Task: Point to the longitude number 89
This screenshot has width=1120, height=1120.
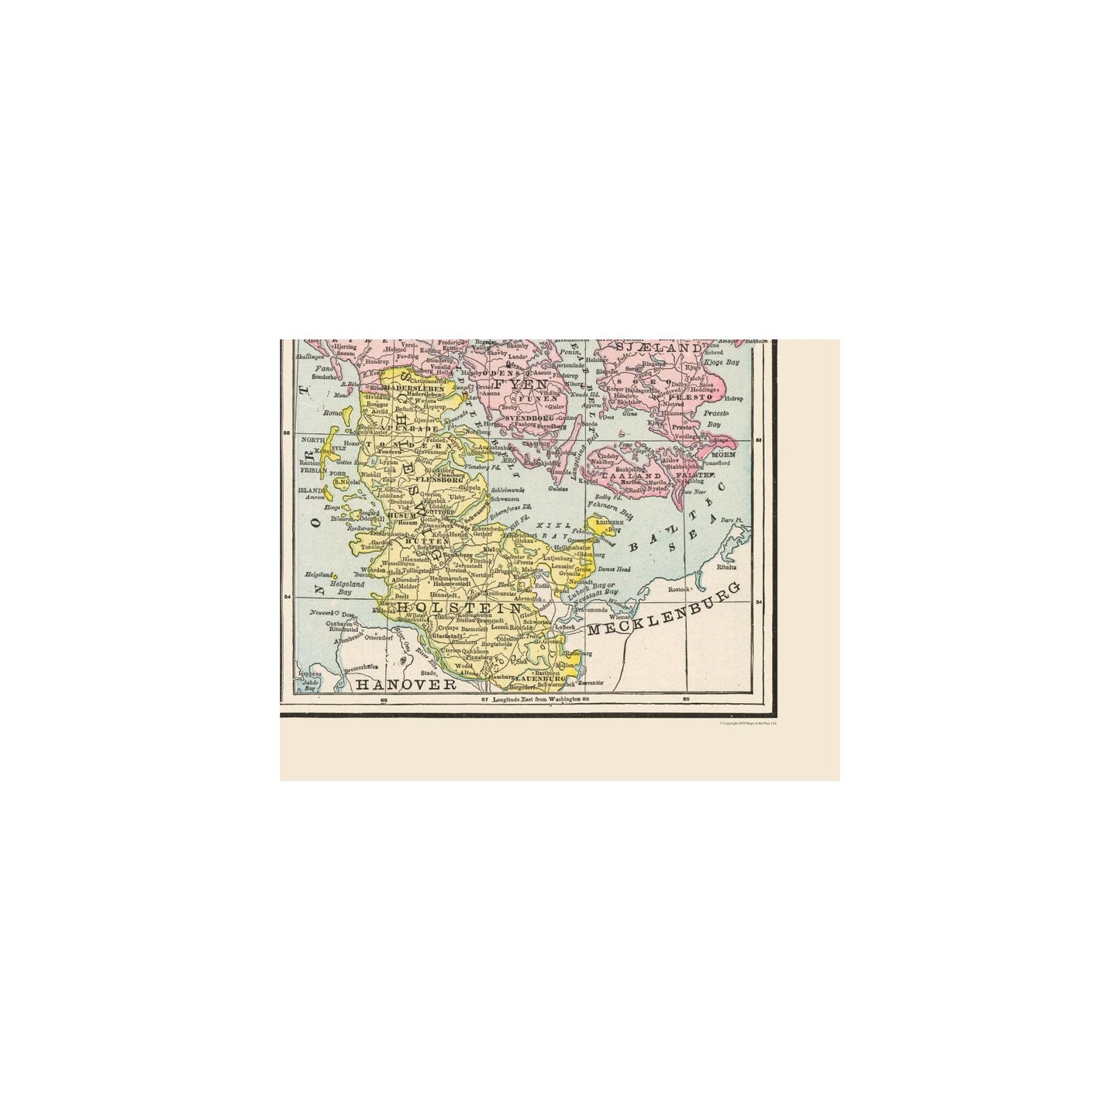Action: pyautogui.click(x=686, y=700)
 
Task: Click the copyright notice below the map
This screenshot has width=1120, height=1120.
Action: pyautogui.click(x=748, y=722)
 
